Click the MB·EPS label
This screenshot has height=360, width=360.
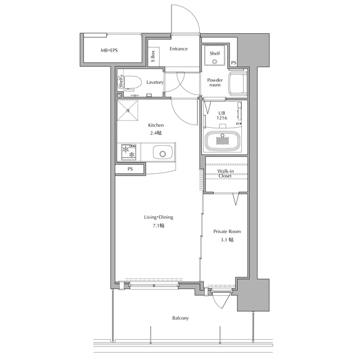pyautogui.click(x=109, y=50)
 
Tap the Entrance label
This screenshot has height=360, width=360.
pyautogui.click(x=179, y=49)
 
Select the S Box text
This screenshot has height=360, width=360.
pyautogui.click(x=153, y=56)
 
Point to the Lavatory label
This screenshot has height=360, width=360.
pyautogui.click(x=155, y=82)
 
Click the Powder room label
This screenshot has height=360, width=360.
pyautogui.click(x=215, y=83)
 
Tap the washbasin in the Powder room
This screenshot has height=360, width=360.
pyautogui.click(x=237, y=84)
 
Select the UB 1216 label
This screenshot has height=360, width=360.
pyautogui.click(x=222, y=115)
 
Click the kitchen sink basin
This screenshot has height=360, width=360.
pyautogui.click(x=163, y=152)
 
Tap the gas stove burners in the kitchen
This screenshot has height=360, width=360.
pyautogui.click(x=129, y=152)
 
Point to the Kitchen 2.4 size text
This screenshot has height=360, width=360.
pyautogui.click(x=156, y=133)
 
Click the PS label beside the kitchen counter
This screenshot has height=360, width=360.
pyautogui.click(x=130, y=169)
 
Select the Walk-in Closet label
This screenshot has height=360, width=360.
pyautogui.click(x=225, y=173)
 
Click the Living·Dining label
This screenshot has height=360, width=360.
pyautogui.click(x=159, y=217)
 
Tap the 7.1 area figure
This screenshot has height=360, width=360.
pyautogui.click(x=159, y=226)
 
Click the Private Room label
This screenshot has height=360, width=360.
pyautogui.click(x=227, y=231)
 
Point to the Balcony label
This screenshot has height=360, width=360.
pyautogui.click(x=181, y=318)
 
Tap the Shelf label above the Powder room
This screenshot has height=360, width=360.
pyautogui.click(x=215, y=53)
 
